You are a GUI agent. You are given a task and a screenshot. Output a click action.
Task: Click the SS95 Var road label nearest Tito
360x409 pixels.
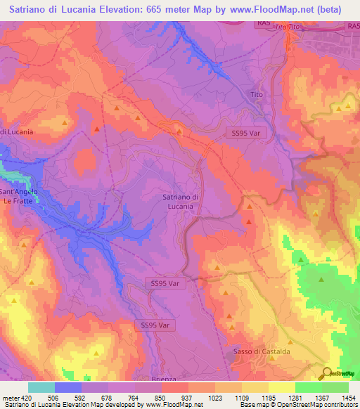pyautogui.click(x=243, y=131)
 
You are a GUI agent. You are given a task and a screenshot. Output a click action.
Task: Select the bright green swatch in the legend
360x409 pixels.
pyautogui.click(x=308, y=387)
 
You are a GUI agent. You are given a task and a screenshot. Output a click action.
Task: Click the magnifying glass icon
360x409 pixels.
pyautogui.click(x=326, y=372)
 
